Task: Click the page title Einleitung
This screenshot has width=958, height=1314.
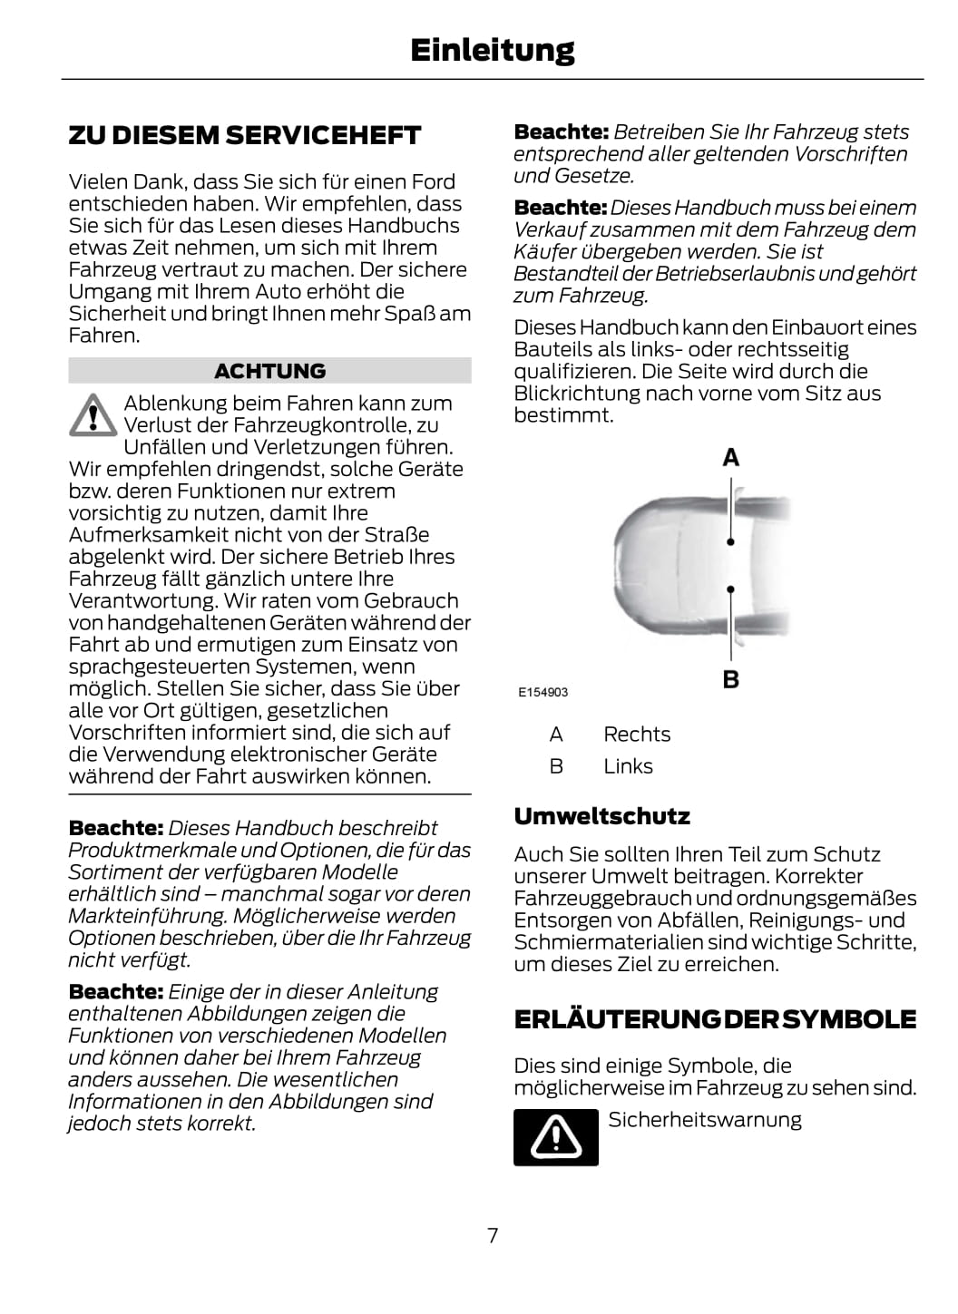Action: pyautogui.click(x=492, y=50)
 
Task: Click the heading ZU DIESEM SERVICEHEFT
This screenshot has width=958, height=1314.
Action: pyautogui.click(x=245, y=136)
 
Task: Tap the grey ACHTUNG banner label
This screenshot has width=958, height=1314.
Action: pyautogui.click(x=269, y=371)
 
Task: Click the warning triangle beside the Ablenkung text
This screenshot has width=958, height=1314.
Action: pyautogui.click(x=92, y=415)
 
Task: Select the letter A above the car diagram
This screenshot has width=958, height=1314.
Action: pyautogui.click(x=730, y=458)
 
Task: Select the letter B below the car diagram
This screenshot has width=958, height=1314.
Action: pyautogui.click(x=730, y=679)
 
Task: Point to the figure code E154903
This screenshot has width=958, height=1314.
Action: pyautogui.click(x=543, y=692)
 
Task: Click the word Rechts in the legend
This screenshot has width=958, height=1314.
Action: pyautogui.click(x=637, y=735)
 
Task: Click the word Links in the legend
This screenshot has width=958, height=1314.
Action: pyautogui.click(x=628, y=766)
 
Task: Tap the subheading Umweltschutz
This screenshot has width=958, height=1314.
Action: pyautogui.click(x=601, y=816)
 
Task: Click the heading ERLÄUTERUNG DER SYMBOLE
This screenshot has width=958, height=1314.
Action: pyautogui.click(x=715, y=1019)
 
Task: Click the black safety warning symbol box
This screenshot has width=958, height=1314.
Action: pyautogui.click(x=555, y=1136)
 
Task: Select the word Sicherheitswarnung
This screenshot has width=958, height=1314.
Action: pyautogui.click(x=705, y=1120)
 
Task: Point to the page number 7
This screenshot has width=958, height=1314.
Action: pyautogui.click(x=493, y=1235)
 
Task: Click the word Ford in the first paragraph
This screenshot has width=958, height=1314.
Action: pyautogui.click(x=433, y=181)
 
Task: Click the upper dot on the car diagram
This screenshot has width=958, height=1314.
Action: pyautogui.click(x=730, y=541)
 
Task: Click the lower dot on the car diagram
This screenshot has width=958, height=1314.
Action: pyautogui.click(x=730, y=589)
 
